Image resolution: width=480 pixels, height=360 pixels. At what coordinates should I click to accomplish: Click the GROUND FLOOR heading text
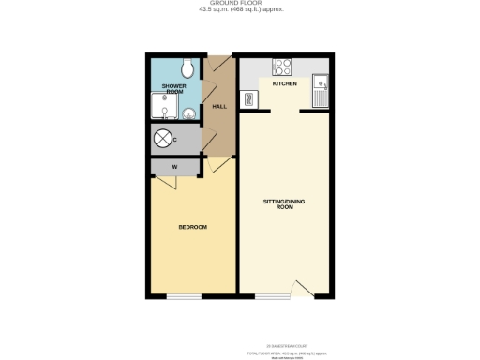point(239,4)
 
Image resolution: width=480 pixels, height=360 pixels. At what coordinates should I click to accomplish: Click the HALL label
point(219,107)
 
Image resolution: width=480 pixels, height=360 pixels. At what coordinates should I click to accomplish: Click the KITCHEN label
point(284,84)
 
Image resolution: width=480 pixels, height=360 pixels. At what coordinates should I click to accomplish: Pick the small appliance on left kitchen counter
point(248,97)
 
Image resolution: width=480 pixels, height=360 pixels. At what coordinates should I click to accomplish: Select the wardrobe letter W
point(173,168)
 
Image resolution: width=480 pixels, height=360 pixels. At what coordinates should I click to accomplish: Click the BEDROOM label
point(192,228)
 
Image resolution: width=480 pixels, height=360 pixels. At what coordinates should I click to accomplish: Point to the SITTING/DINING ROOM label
point(284,203)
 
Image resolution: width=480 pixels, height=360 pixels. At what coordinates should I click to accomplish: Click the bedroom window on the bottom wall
point(186,297)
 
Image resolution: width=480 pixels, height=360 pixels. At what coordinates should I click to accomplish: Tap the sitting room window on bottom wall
point(273,297)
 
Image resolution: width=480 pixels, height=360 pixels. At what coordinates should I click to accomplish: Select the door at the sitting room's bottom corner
point(300,289)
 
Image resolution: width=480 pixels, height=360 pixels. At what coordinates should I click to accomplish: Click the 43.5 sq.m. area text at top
point(240,10)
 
